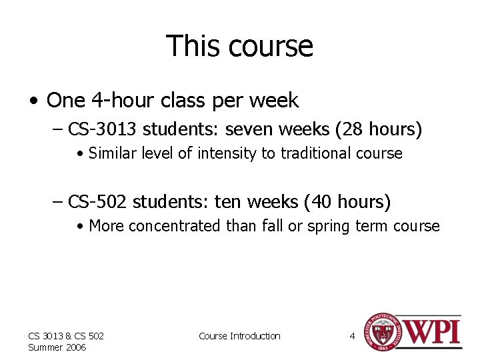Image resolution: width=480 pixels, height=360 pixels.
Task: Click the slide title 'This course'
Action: [239, 46]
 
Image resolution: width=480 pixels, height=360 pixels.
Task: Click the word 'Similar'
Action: [111, 154]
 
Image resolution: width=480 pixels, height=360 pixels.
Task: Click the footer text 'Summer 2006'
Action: [57, 347]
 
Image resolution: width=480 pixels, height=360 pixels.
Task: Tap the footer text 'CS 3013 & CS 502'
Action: [65, 336]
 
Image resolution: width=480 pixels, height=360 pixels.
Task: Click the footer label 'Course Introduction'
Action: [239, 336]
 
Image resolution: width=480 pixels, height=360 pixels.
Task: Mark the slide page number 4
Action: [352, 336]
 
